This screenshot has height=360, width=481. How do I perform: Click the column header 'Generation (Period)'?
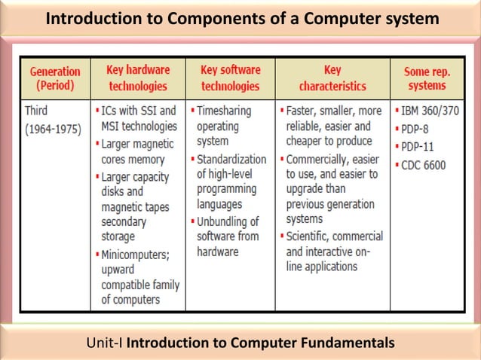[55, 78]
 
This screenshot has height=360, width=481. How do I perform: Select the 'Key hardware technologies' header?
[138, 78]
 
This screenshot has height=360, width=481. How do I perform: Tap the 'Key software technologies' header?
[230, 78]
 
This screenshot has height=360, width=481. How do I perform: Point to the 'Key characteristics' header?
[331, 78]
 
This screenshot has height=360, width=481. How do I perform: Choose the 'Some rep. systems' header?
[427, 78]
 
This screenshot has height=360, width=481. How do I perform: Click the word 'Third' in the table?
[36, 111]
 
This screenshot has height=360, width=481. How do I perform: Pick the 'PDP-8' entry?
[415, 127]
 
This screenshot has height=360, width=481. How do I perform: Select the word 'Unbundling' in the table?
[228, 221]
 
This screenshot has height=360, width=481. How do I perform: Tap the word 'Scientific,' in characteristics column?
[312, 236]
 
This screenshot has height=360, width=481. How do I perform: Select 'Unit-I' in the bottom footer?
[106, 344]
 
